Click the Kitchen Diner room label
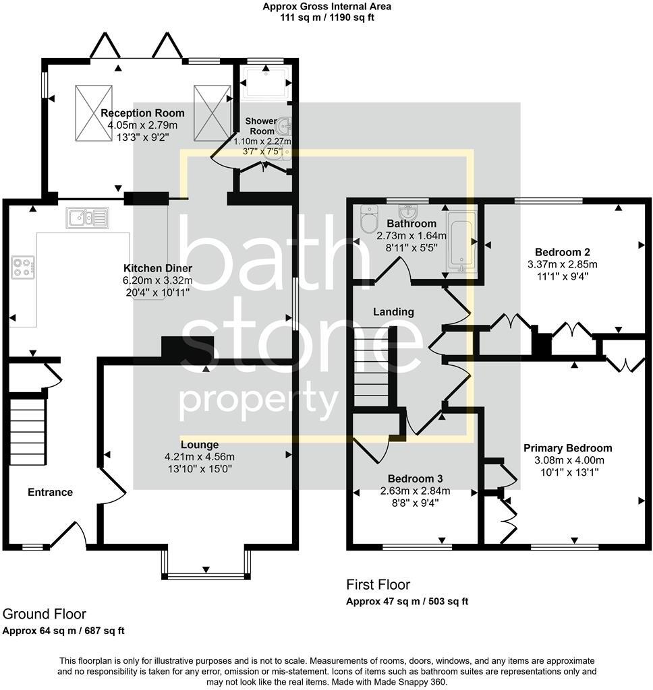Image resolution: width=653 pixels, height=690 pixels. [x=158, y=268]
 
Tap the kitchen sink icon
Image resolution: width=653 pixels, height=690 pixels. [x=87, y=218]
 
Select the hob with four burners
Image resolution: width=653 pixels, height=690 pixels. [x=22, y=268]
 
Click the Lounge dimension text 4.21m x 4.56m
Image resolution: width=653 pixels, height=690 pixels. [x=199, y=456]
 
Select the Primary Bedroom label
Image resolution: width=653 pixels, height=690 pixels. [x=568, y=448]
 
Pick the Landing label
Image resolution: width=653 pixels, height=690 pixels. [x=395, y=312]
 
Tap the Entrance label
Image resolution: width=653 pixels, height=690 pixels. [x=50, y=492]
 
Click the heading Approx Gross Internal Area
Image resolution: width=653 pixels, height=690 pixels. [x=327, y=7]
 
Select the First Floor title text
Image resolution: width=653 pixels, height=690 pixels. [x=378, y=585]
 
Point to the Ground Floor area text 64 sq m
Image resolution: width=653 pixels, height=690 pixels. [x=63, y=631]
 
